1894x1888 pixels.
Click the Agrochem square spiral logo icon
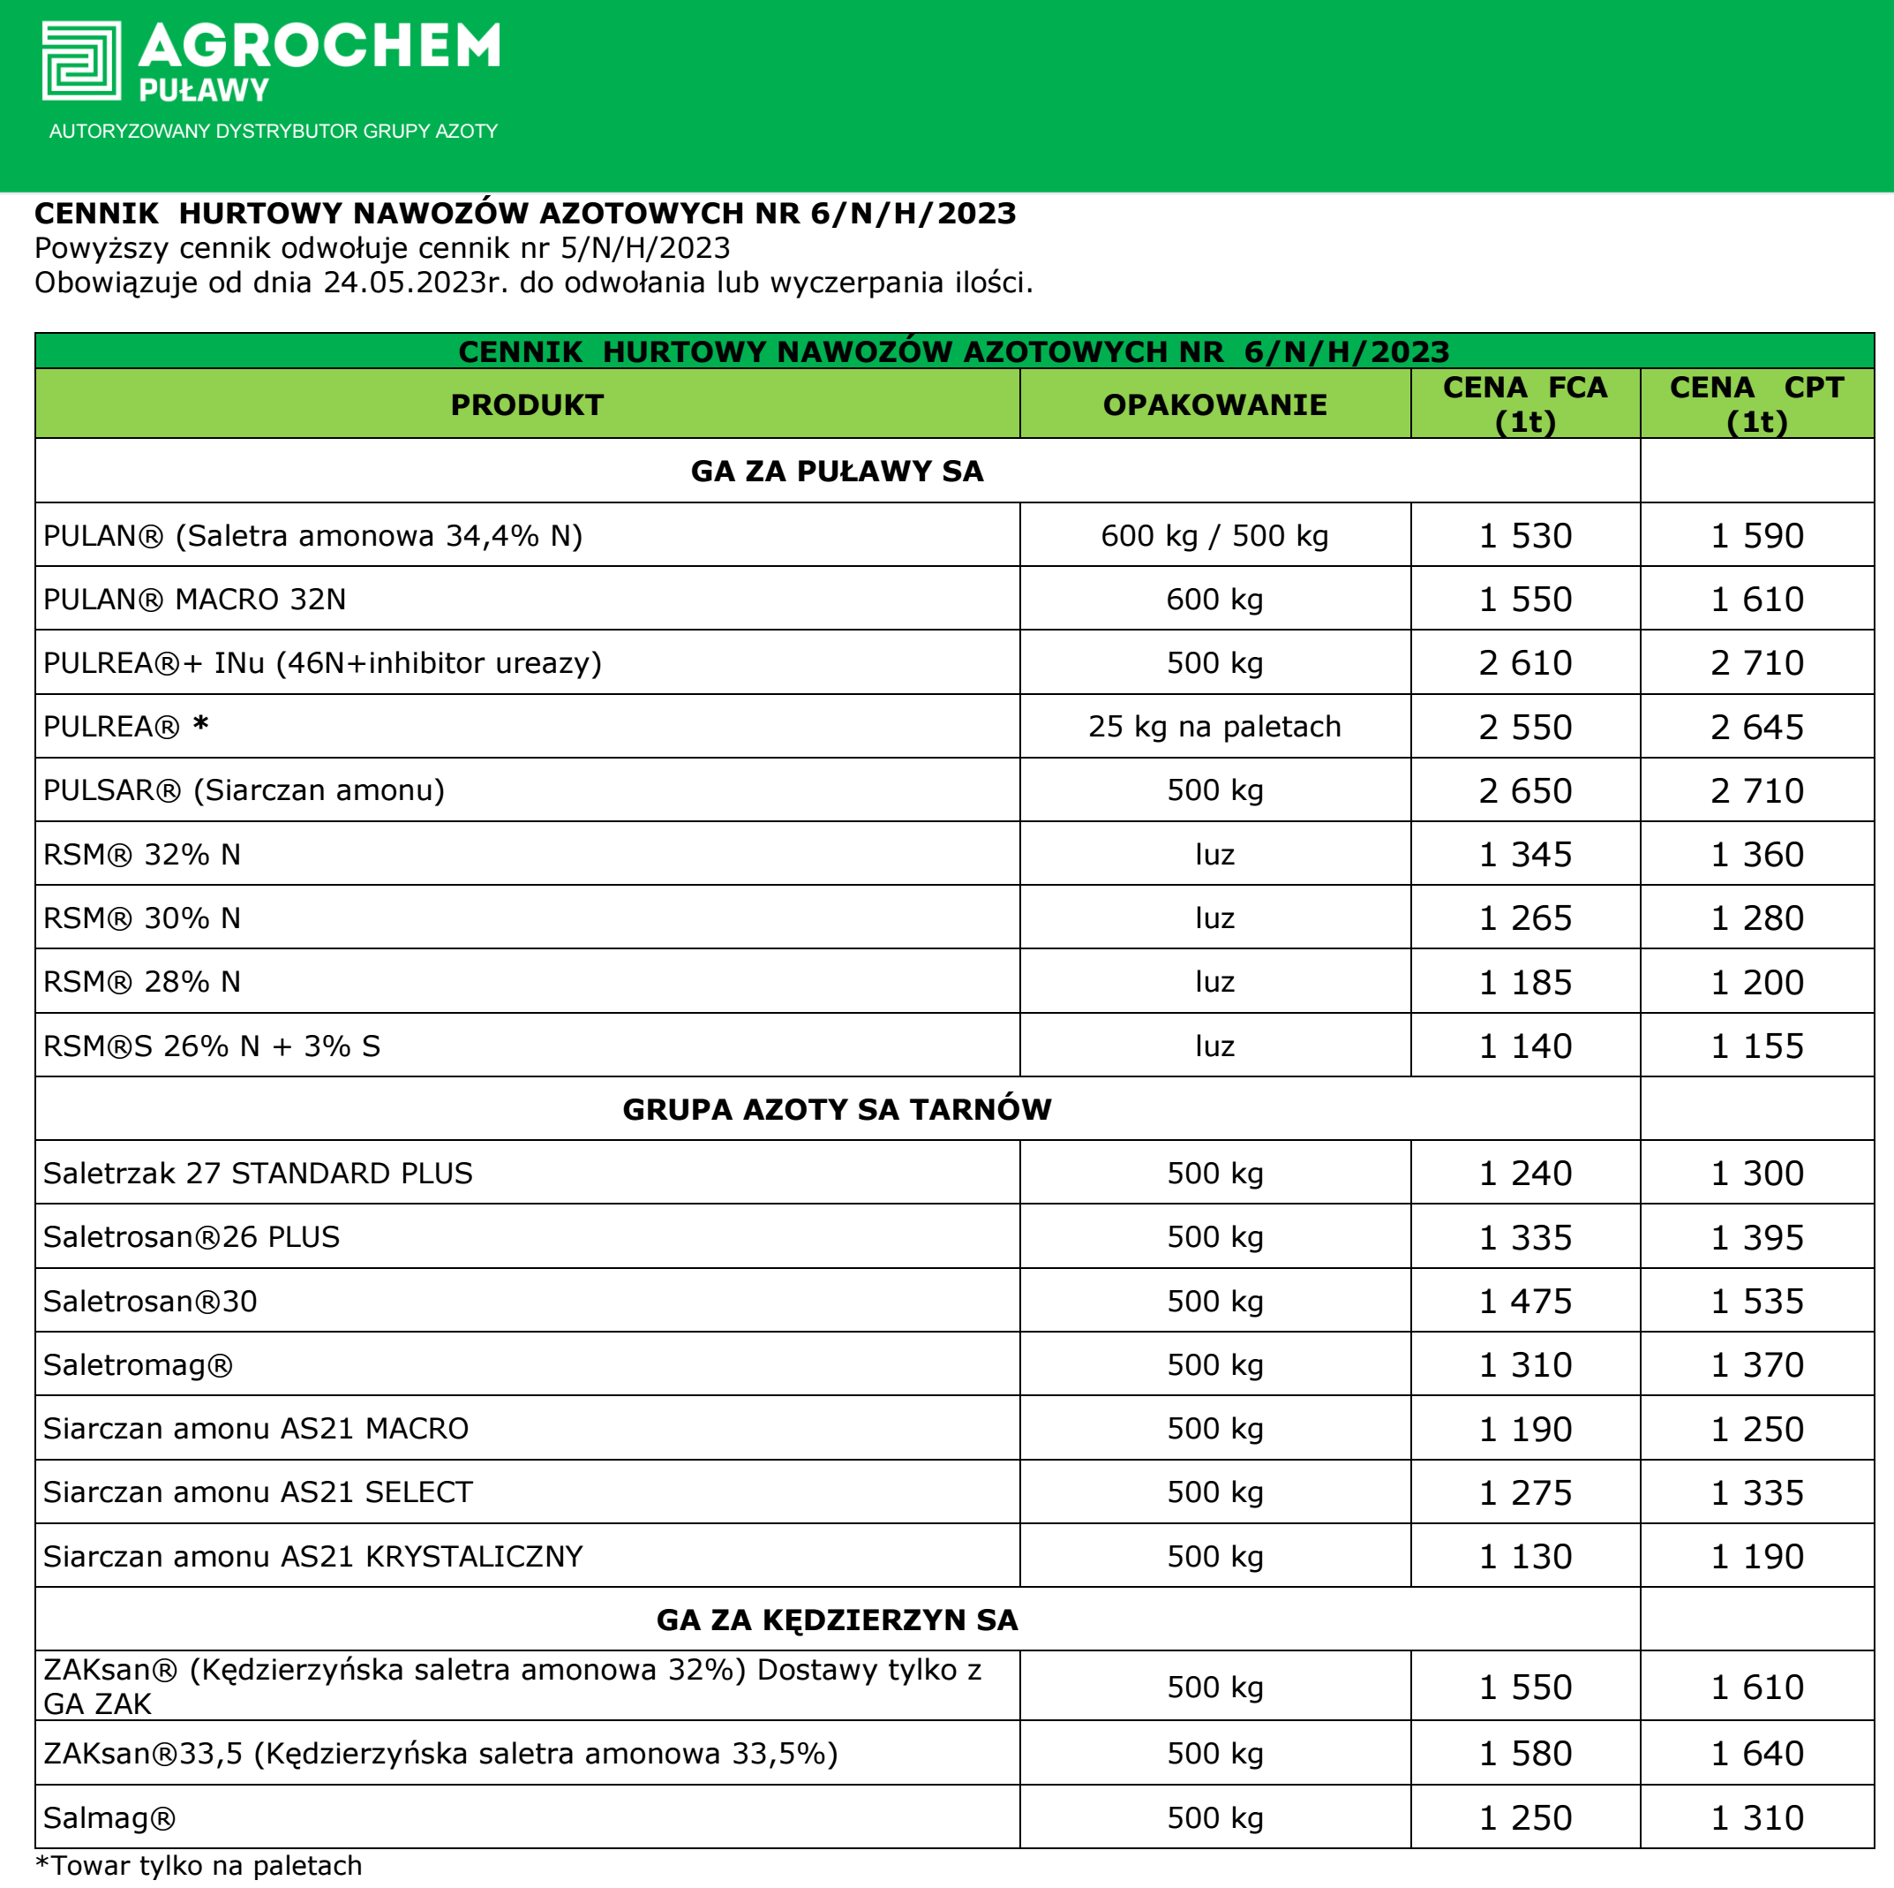[x=81, y=61]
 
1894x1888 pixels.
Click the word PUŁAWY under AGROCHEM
[x=204, y=91]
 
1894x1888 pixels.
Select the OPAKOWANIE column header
[x=1214, y=405]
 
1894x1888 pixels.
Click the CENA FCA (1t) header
[x=1524, y=404]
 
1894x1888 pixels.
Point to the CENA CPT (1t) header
[x=1755, y=404]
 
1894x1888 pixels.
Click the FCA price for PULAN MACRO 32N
[x=1524, y=600]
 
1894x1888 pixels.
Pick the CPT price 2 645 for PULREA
[x=1755, y=727]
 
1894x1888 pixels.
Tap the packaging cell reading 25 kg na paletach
[x=1214, y=727]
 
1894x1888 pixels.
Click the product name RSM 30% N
[x=142, y=918]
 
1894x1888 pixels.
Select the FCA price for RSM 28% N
[x=1524, y=982]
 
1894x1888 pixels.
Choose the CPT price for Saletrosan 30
[x=1755, y=1301]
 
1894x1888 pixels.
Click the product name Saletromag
[x=139, y=1364]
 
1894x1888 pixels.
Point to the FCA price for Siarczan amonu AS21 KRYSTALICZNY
[x=1524, y=1555]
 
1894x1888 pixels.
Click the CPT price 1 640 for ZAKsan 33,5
[x=1755, y=1753]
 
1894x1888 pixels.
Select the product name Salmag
[x=109, y=1817]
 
